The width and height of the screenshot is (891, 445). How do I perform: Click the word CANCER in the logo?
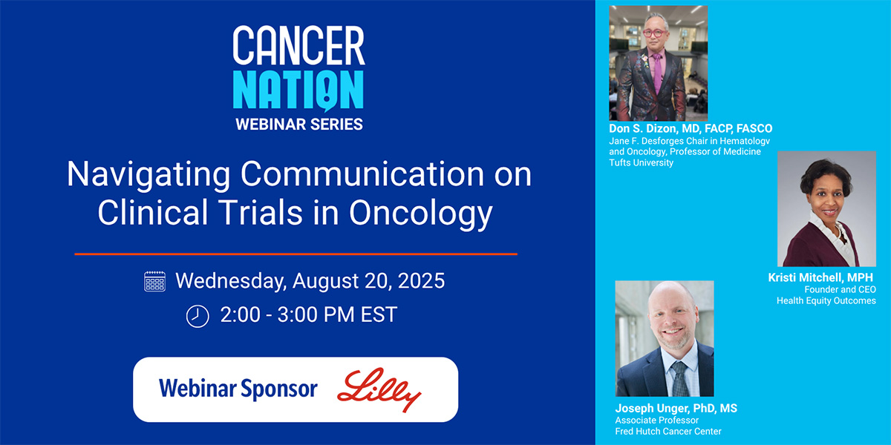[x=298, y=45]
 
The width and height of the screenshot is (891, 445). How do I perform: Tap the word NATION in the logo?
[x=298, y=90]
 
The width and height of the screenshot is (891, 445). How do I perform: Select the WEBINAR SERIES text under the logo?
[x=299, y=125]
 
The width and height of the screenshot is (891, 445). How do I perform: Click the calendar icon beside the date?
[x=154, y=281]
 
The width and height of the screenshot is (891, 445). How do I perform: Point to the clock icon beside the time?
[x=198, y=316]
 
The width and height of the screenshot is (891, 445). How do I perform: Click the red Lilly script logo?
[x=379, y=389]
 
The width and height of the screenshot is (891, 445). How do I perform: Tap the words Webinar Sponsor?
[x=238, y=389]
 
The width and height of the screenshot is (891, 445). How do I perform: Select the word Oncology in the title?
[x=421, y=214]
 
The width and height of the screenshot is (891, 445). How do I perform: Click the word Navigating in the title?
[x=148, y=175]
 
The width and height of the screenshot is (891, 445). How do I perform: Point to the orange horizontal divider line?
[x=296, y=254]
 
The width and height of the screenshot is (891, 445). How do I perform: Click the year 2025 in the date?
[x=421, y=281]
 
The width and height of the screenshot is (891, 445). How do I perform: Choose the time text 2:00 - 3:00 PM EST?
[x=309, y=314]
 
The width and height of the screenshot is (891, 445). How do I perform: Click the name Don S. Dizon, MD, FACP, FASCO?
[x=691, y=129]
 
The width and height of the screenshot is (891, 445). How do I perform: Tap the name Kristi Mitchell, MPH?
[x=820, y=277]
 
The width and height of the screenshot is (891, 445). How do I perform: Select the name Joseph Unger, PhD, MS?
[x=676, y=408]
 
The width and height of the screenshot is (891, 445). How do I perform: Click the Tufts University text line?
[x=642, y=162]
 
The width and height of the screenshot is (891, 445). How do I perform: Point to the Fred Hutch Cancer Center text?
[x=668, y=431]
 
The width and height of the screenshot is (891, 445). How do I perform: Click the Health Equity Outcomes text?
[x=826, y=301]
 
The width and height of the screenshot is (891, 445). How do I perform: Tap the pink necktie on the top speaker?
[x=658, y=73]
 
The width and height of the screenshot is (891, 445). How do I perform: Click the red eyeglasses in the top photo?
[x=655, y=33]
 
